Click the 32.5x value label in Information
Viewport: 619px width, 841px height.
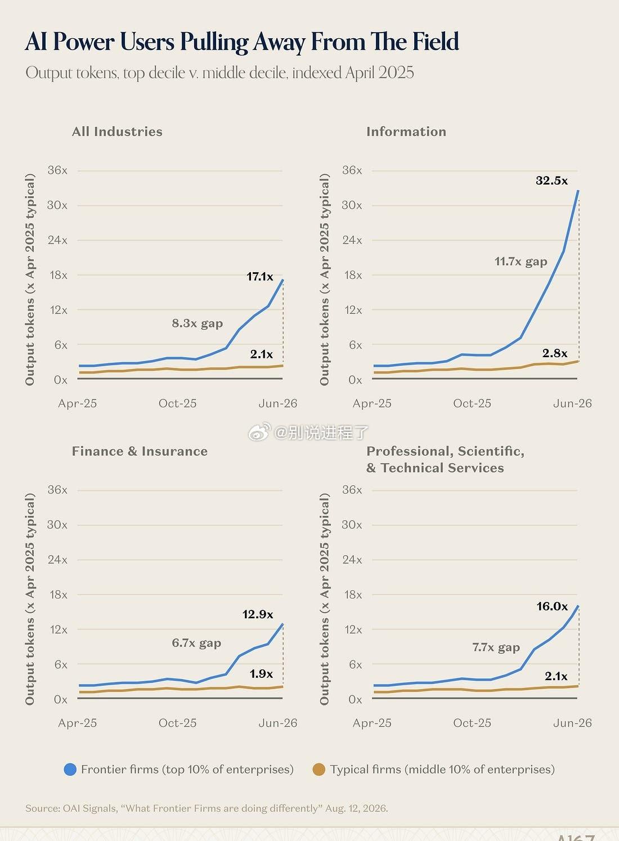click(551, 181)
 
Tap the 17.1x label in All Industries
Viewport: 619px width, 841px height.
click(259, 277)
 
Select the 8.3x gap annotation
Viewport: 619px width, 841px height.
click(197, 323)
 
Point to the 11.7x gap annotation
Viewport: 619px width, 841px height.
click(521, 262)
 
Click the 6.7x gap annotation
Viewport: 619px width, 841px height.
click(196, 643)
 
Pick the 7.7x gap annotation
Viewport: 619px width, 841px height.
click(496, 647)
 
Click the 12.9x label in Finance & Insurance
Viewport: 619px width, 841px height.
click(258, 614)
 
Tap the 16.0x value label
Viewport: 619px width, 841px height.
click(552, 606)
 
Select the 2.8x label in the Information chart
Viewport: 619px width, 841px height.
click(555, 353)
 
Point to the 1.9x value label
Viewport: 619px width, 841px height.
click(262, 674)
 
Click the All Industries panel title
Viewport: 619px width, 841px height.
click(117, 132)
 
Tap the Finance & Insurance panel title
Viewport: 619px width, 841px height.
click(140, 451)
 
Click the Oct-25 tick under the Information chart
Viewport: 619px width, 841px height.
click(472, 403)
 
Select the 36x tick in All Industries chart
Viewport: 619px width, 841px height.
click(57, 170)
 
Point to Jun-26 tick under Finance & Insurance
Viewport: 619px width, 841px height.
click(278, 723)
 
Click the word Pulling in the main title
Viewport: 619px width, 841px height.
click(214, 42)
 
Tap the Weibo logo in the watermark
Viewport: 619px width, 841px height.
click(259, 432)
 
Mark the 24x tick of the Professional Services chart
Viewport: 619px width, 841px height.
click(352, 560)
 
